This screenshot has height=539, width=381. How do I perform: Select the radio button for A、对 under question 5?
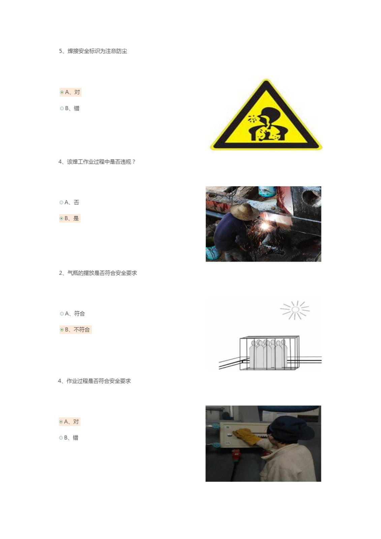coord(62,92)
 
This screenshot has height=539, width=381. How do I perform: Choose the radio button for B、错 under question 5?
coord(62,108)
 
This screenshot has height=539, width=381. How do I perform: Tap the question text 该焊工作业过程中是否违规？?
coord(97,162)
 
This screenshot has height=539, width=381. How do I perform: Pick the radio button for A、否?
coord(61,202)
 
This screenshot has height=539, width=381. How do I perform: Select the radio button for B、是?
coord(61,218)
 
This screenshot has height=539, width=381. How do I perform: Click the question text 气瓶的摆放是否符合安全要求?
coord(98,273)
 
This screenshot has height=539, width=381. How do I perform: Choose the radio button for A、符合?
coord(62,314)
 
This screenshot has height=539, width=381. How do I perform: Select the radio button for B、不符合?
coord(62,329)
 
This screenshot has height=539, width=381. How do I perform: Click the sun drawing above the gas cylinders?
coord(295,310)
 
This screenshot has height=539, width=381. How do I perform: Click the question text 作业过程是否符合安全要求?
coord(95,381)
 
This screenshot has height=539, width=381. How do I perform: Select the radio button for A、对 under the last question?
coord(61,422)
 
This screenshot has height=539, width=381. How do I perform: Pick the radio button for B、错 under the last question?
coord(61,438)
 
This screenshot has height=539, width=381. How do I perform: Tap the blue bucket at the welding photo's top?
coord(267,191)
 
